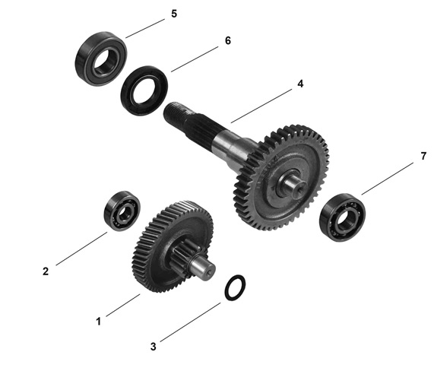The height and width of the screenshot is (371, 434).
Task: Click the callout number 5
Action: tap(174, 14)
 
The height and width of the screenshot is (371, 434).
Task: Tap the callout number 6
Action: tap(228, 41)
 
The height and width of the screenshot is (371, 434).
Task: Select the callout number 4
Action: tap(300, 84)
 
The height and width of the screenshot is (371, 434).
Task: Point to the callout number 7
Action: tap(423, 156)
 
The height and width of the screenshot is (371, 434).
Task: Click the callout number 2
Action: tap(46, 271)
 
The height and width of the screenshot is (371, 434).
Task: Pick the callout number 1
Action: tap(98, 322)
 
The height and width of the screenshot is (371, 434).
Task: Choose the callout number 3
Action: tap(154, 347)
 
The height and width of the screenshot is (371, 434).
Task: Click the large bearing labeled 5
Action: tap(101, 59)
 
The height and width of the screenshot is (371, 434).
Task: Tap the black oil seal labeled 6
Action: tap(144, 90)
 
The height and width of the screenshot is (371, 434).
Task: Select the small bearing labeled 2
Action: tap(122, 211)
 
